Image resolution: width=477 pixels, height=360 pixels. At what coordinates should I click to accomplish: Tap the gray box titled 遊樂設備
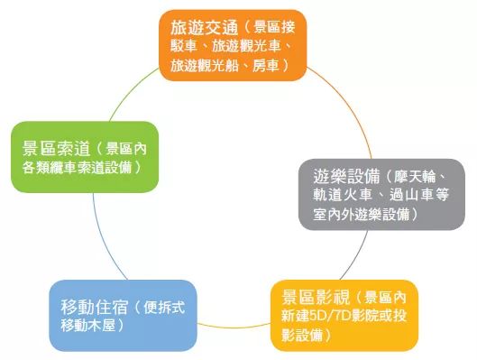[x=381, y=193]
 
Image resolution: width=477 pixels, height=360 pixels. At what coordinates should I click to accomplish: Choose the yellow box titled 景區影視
[x=344, y=316]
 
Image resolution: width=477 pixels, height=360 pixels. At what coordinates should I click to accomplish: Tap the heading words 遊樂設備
[x=340, y=175]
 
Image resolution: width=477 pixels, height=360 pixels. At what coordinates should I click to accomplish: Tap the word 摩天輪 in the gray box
[x=422, y=175]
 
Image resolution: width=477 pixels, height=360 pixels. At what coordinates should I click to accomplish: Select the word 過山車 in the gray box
[x=408, y=194]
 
